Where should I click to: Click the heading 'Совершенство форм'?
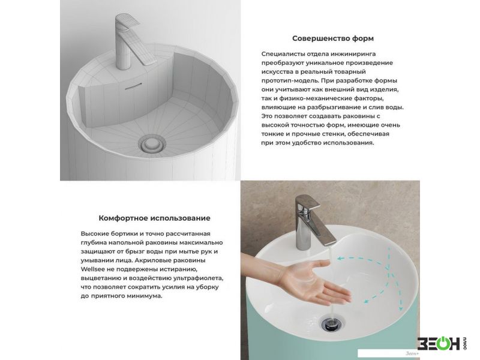333,38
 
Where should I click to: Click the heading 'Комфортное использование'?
154,218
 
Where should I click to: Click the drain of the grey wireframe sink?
152,144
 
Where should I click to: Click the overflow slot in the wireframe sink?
133,86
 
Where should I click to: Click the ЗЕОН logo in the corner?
442,343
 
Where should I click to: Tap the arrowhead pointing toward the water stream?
340,259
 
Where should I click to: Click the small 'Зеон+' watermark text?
412,353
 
